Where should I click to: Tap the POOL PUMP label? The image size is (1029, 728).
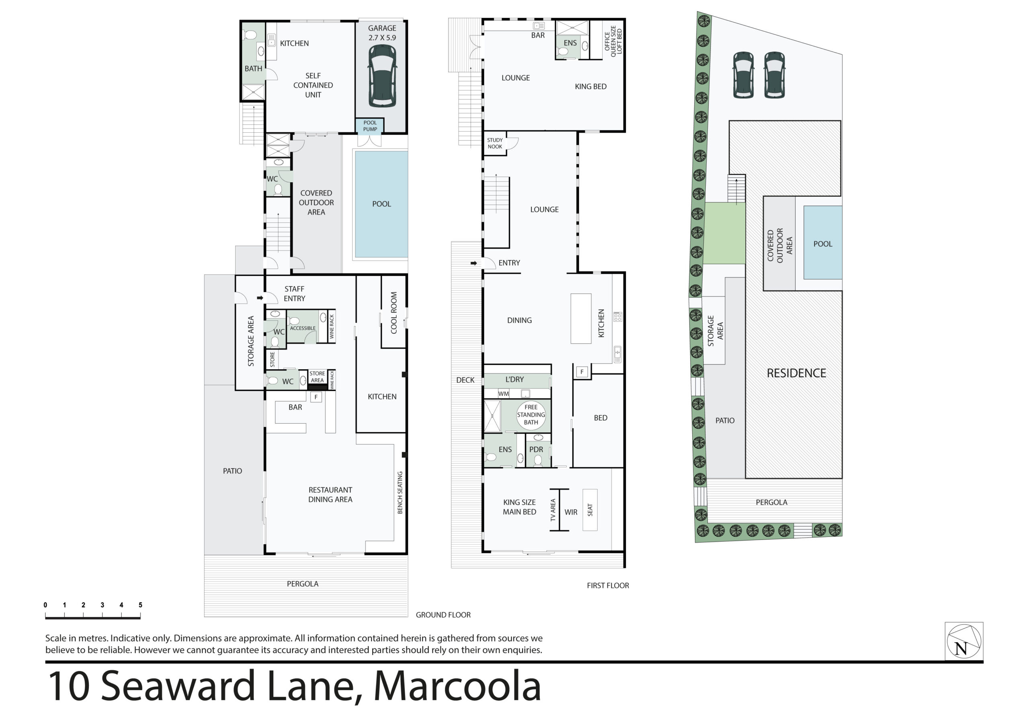point(370,126)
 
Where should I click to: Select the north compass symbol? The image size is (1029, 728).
point(964,642)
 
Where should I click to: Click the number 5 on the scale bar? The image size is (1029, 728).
point(140,605)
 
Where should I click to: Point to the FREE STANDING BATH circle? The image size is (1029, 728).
point(531,415)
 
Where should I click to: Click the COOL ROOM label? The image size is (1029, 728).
point(394,313)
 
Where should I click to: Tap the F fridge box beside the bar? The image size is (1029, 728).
point(316,397)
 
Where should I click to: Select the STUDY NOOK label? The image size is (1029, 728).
point(495,144)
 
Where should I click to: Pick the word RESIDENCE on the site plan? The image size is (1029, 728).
point(796,373)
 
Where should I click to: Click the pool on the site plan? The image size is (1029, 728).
point(823,243)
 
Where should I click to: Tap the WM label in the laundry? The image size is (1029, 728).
point(503,394)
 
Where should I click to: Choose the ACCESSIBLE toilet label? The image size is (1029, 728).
point(303,328)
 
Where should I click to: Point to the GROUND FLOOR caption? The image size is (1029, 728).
point(443,615)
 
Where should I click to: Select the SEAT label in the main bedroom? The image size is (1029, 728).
point(590,510)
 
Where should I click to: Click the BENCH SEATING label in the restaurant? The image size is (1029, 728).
point(400,493)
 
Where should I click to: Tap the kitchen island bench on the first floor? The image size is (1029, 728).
point(581,319)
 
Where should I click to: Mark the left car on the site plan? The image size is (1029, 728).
point(743,74)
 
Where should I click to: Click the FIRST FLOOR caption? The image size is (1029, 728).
point(608,585)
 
